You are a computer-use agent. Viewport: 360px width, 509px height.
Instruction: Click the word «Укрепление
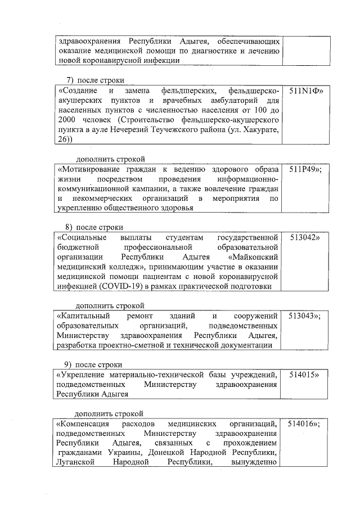coord(81,375)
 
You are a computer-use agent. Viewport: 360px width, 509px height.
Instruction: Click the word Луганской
coord(76,463)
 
